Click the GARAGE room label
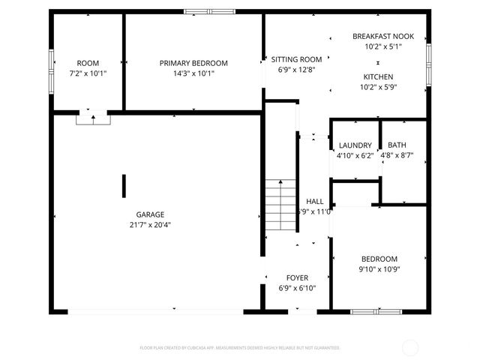[150, 214]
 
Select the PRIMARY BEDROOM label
[193, 63]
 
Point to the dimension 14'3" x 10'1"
[193, 73]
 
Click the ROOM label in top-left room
[88, 63]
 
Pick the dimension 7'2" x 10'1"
[88, 73]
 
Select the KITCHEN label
[378, 76]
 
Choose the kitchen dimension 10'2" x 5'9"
[378, 87]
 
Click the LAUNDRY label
[355, 145]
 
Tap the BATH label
[397, 145]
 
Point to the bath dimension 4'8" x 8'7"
[397, 156]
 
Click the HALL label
[315, 201]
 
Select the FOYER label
[297, 277]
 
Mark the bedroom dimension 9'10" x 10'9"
[379, 269]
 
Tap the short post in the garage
[124, 185]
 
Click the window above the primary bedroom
[209, 11]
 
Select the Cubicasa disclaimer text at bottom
[240, 348]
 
